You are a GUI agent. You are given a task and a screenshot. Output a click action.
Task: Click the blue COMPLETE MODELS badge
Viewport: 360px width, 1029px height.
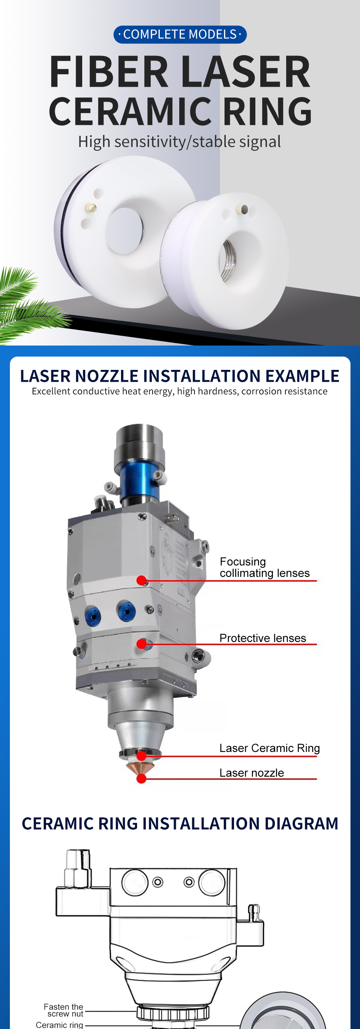[x=180, y=34]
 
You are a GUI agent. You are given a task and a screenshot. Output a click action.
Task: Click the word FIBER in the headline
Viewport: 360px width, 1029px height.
[x=109, y=72]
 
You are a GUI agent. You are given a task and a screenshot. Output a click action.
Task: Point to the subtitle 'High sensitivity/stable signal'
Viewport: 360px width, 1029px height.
[x=179, y=142]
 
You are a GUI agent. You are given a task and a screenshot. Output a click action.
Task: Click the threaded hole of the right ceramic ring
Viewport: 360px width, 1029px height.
[x=229, y=260]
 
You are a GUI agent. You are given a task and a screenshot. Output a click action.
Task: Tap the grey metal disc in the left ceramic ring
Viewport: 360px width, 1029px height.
[x=124, y=231]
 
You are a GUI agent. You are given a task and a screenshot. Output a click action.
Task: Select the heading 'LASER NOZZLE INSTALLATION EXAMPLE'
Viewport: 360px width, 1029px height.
[x=180, y=376]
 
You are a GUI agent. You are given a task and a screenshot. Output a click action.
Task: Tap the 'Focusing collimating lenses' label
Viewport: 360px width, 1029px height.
[x=264, y=567]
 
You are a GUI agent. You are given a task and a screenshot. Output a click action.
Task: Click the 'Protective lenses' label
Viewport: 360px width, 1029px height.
[x=263, y=638]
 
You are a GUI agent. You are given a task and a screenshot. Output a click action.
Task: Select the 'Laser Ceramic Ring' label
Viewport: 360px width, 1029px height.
[x=270, y=748]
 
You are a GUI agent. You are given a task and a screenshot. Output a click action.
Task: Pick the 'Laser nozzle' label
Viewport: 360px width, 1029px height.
[x=252, y=773]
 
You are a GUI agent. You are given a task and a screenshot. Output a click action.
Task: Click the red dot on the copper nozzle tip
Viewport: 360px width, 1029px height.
[x=142, y=779]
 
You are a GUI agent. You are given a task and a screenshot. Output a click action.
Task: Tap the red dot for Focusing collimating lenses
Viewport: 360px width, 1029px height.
[x=142, y=580]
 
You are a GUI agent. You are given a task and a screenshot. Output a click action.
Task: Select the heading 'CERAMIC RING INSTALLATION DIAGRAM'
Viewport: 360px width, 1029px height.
[x=180, y=823]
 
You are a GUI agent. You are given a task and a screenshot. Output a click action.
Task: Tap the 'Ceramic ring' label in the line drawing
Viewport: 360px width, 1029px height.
[x=59, y=1024]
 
